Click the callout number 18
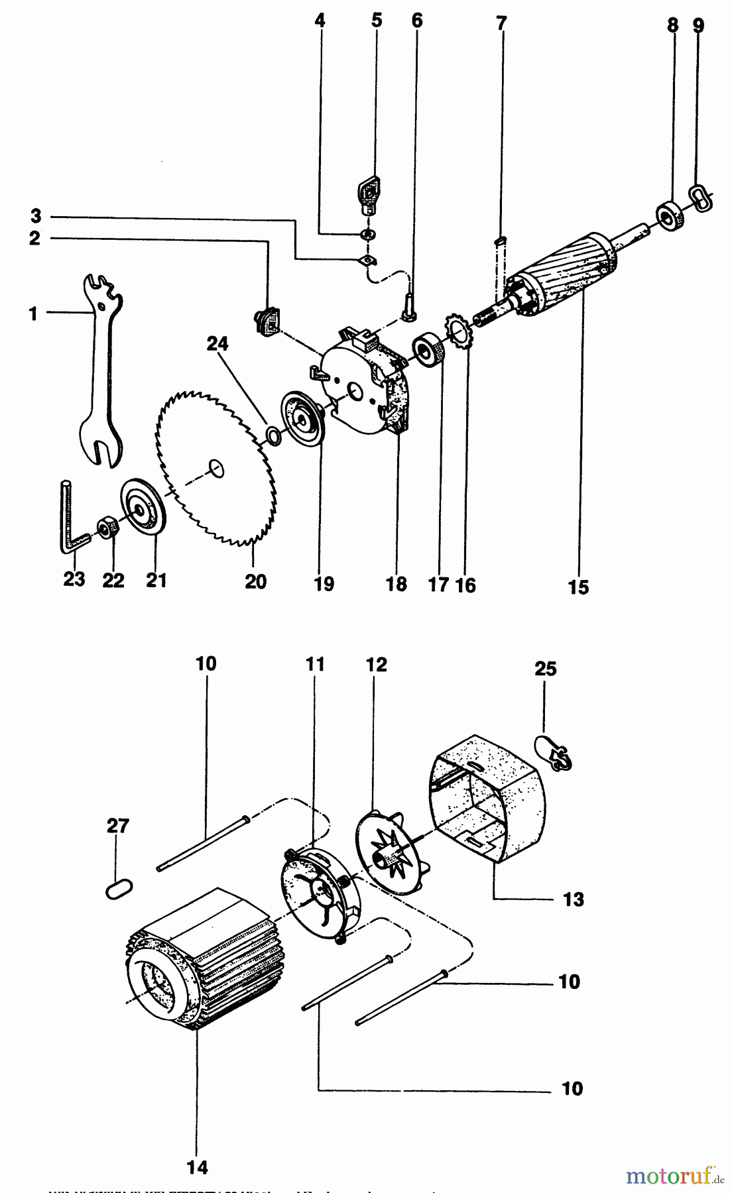pos(396,584)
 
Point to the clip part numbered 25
pos(554,753)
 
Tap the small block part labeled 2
pos(267,322)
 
